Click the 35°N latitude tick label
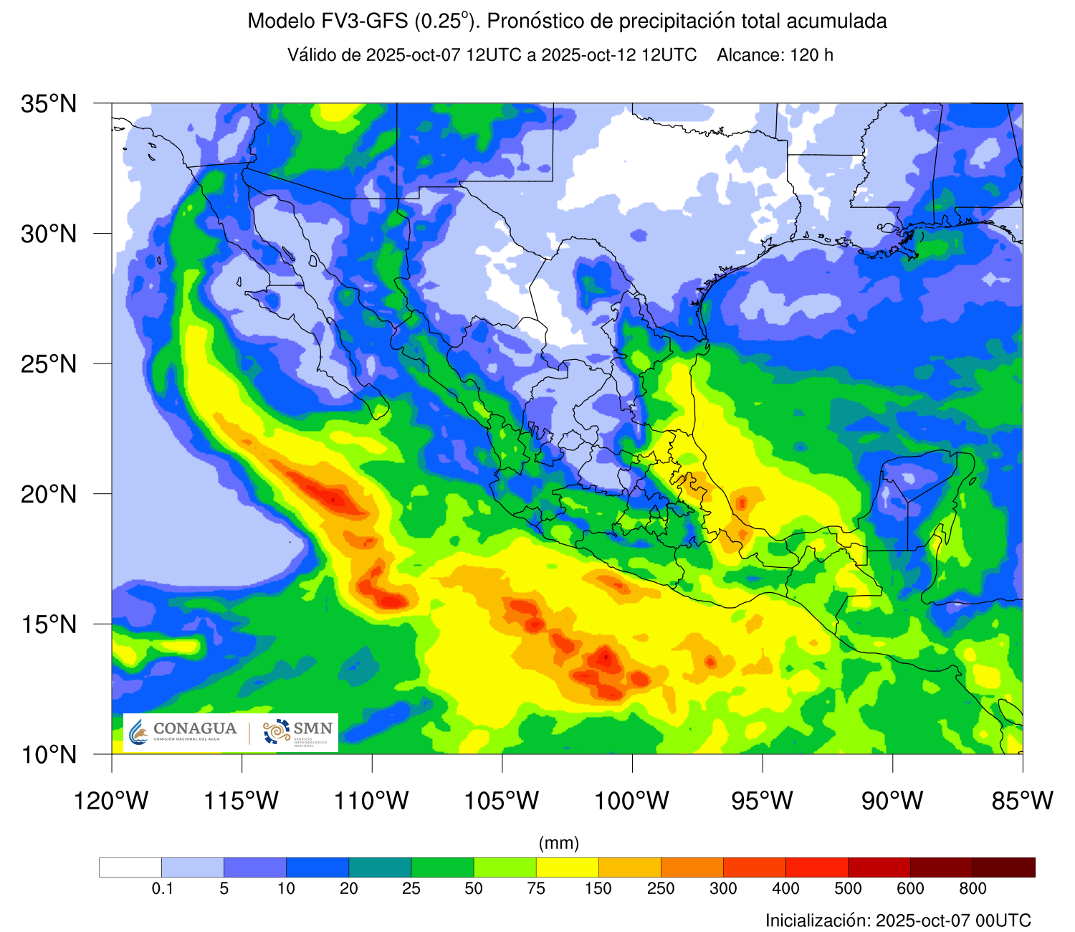click(49, 104)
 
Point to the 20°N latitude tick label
click(49, 494)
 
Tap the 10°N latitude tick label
click(49, 754)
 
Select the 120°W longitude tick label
click(112, 800)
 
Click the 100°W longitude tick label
click(632, 800)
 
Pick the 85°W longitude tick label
click(1023, 800)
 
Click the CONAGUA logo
click(183, 732)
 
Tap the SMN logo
click(298, 732)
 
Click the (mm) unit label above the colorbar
click(559, 843)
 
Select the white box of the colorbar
click(130, 867)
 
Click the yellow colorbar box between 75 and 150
click(567, 867)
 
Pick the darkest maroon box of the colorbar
click(1003, 867)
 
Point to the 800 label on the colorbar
click(973, 889)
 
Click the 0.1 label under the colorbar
click(163, 889)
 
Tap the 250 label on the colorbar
click(661, 889)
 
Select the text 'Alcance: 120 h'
click(775, 55)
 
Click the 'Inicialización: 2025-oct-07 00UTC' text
click(898, 921)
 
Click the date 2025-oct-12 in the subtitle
click(588, 55)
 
